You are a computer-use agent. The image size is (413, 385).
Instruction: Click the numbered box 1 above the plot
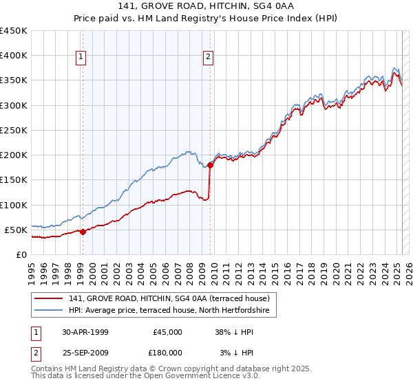tap(82, 58)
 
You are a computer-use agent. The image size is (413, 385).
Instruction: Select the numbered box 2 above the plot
tap(208, 58)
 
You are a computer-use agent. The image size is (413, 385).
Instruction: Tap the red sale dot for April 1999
tap(83, 232)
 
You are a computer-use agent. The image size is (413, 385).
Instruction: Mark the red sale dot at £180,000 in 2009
tap(210, 165)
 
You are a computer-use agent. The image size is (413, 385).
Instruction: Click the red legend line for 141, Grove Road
tap(49, 298)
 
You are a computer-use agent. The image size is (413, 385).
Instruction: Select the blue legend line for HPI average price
tap(49, 311)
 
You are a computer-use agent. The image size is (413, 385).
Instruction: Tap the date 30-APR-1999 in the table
tap(85, 332)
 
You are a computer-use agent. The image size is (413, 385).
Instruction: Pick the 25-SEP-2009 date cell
tap(85, 353)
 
